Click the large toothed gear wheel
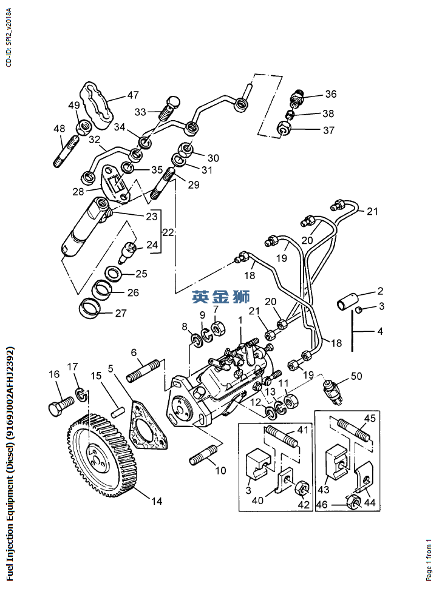click(100, 452)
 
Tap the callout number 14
click(157, 501)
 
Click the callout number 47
click(132, 95)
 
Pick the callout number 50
click(356, 377)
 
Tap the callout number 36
click(330, 94)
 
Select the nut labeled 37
click(284, 129)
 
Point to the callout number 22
click(168, 233)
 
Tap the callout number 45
click(370, 419)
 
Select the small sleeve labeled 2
click(348, 300)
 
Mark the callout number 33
click(140, 112)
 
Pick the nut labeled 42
click(299, 490)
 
